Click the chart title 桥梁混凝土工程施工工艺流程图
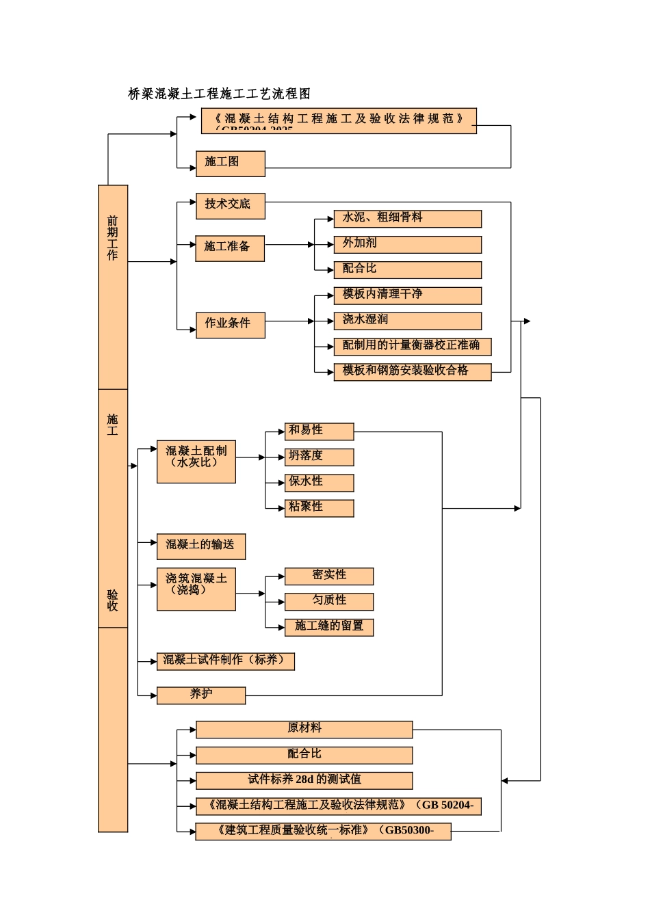pyautogui.click(x=220, y=94)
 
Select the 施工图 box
pyautogui.click(x=230, y=163)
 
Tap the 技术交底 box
pyautogui.click(x=230, y=206)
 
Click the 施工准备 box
pyautogui.click(x=230, y=248)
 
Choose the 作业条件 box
pyautogui.click(x=230, y=325)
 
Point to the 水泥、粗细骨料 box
pyautogui.click(x=407, y=219)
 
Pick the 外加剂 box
pyautogui.click(x=407, y=244)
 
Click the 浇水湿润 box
pyautogui.click(x=407, y=321)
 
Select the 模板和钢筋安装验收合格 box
pyautogui.click(x=412, y=372)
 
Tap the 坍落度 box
pyautogui.click(x=319, y=457)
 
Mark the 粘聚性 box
pyautogui.click(x=319, y=508)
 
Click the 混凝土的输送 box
pyautogui.click(x=200, y=546)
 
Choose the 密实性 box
pyautogui.click(x=328, y=576)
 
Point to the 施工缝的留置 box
pyautogui.click(x=328, y=627)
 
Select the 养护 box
pyautogui.click(x=200, y=695)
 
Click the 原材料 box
pyautogui.click(x=304, y=730)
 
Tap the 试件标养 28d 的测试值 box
pyautogui.click(x=304, y=780)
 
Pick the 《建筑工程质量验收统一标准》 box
pyautogui.click(x=323, y=831)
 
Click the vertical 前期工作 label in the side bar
pyautogui.click(x=113, y=238)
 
